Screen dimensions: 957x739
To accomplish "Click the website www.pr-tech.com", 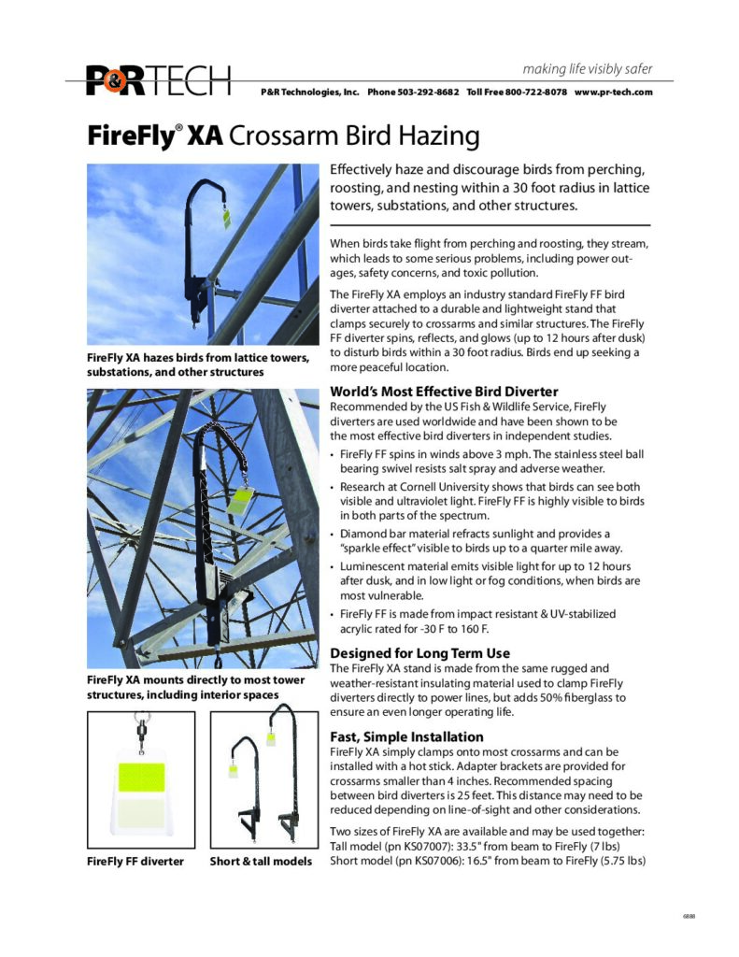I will (x=613, y=93).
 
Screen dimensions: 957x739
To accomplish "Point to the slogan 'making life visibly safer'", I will (x=588, y=69).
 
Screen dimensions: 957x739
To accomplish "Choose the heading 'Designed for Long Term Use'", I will (x=420, y=652).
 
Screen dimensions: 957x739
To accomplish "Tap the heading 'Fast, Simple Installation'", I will (x=407, y=736).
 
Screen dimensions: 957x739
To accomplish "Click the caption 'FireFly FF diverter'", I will (x=135, y=860).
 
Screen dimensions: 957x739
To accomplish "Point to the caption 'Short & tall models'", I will (x=261, y=860).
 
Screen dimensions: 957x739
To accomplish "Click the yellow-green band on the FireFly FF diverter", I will (x=141, y=776).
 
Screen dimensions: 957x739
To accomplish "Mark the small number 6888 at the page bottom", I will (x=689, y=916).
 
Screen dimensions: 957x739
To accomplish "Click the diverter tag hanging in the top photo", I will (x=225, y=216).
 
